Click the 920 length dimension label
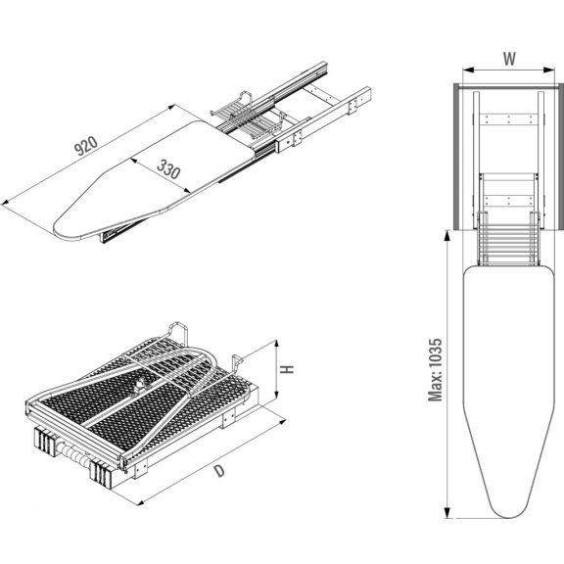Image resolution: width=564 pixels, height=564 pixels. coord(85,145)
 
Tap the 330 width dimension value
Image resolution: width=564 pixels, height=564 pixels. coord(168,169)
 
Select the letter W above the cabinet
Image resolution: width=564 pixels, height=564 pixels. coord(509,59)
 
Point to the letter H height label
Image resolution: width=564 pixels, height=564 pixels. coord(288,369)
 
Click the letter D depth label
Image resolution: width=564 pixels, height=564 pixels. coord(219,471)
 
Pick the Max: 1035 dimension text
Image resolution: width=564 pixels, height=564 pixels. coord(435,370)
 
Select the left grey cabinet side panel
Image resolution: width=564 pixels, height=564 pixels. coord(456,157)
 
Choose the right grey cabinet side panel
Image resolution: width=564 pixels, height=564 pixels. coord(561,157)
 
